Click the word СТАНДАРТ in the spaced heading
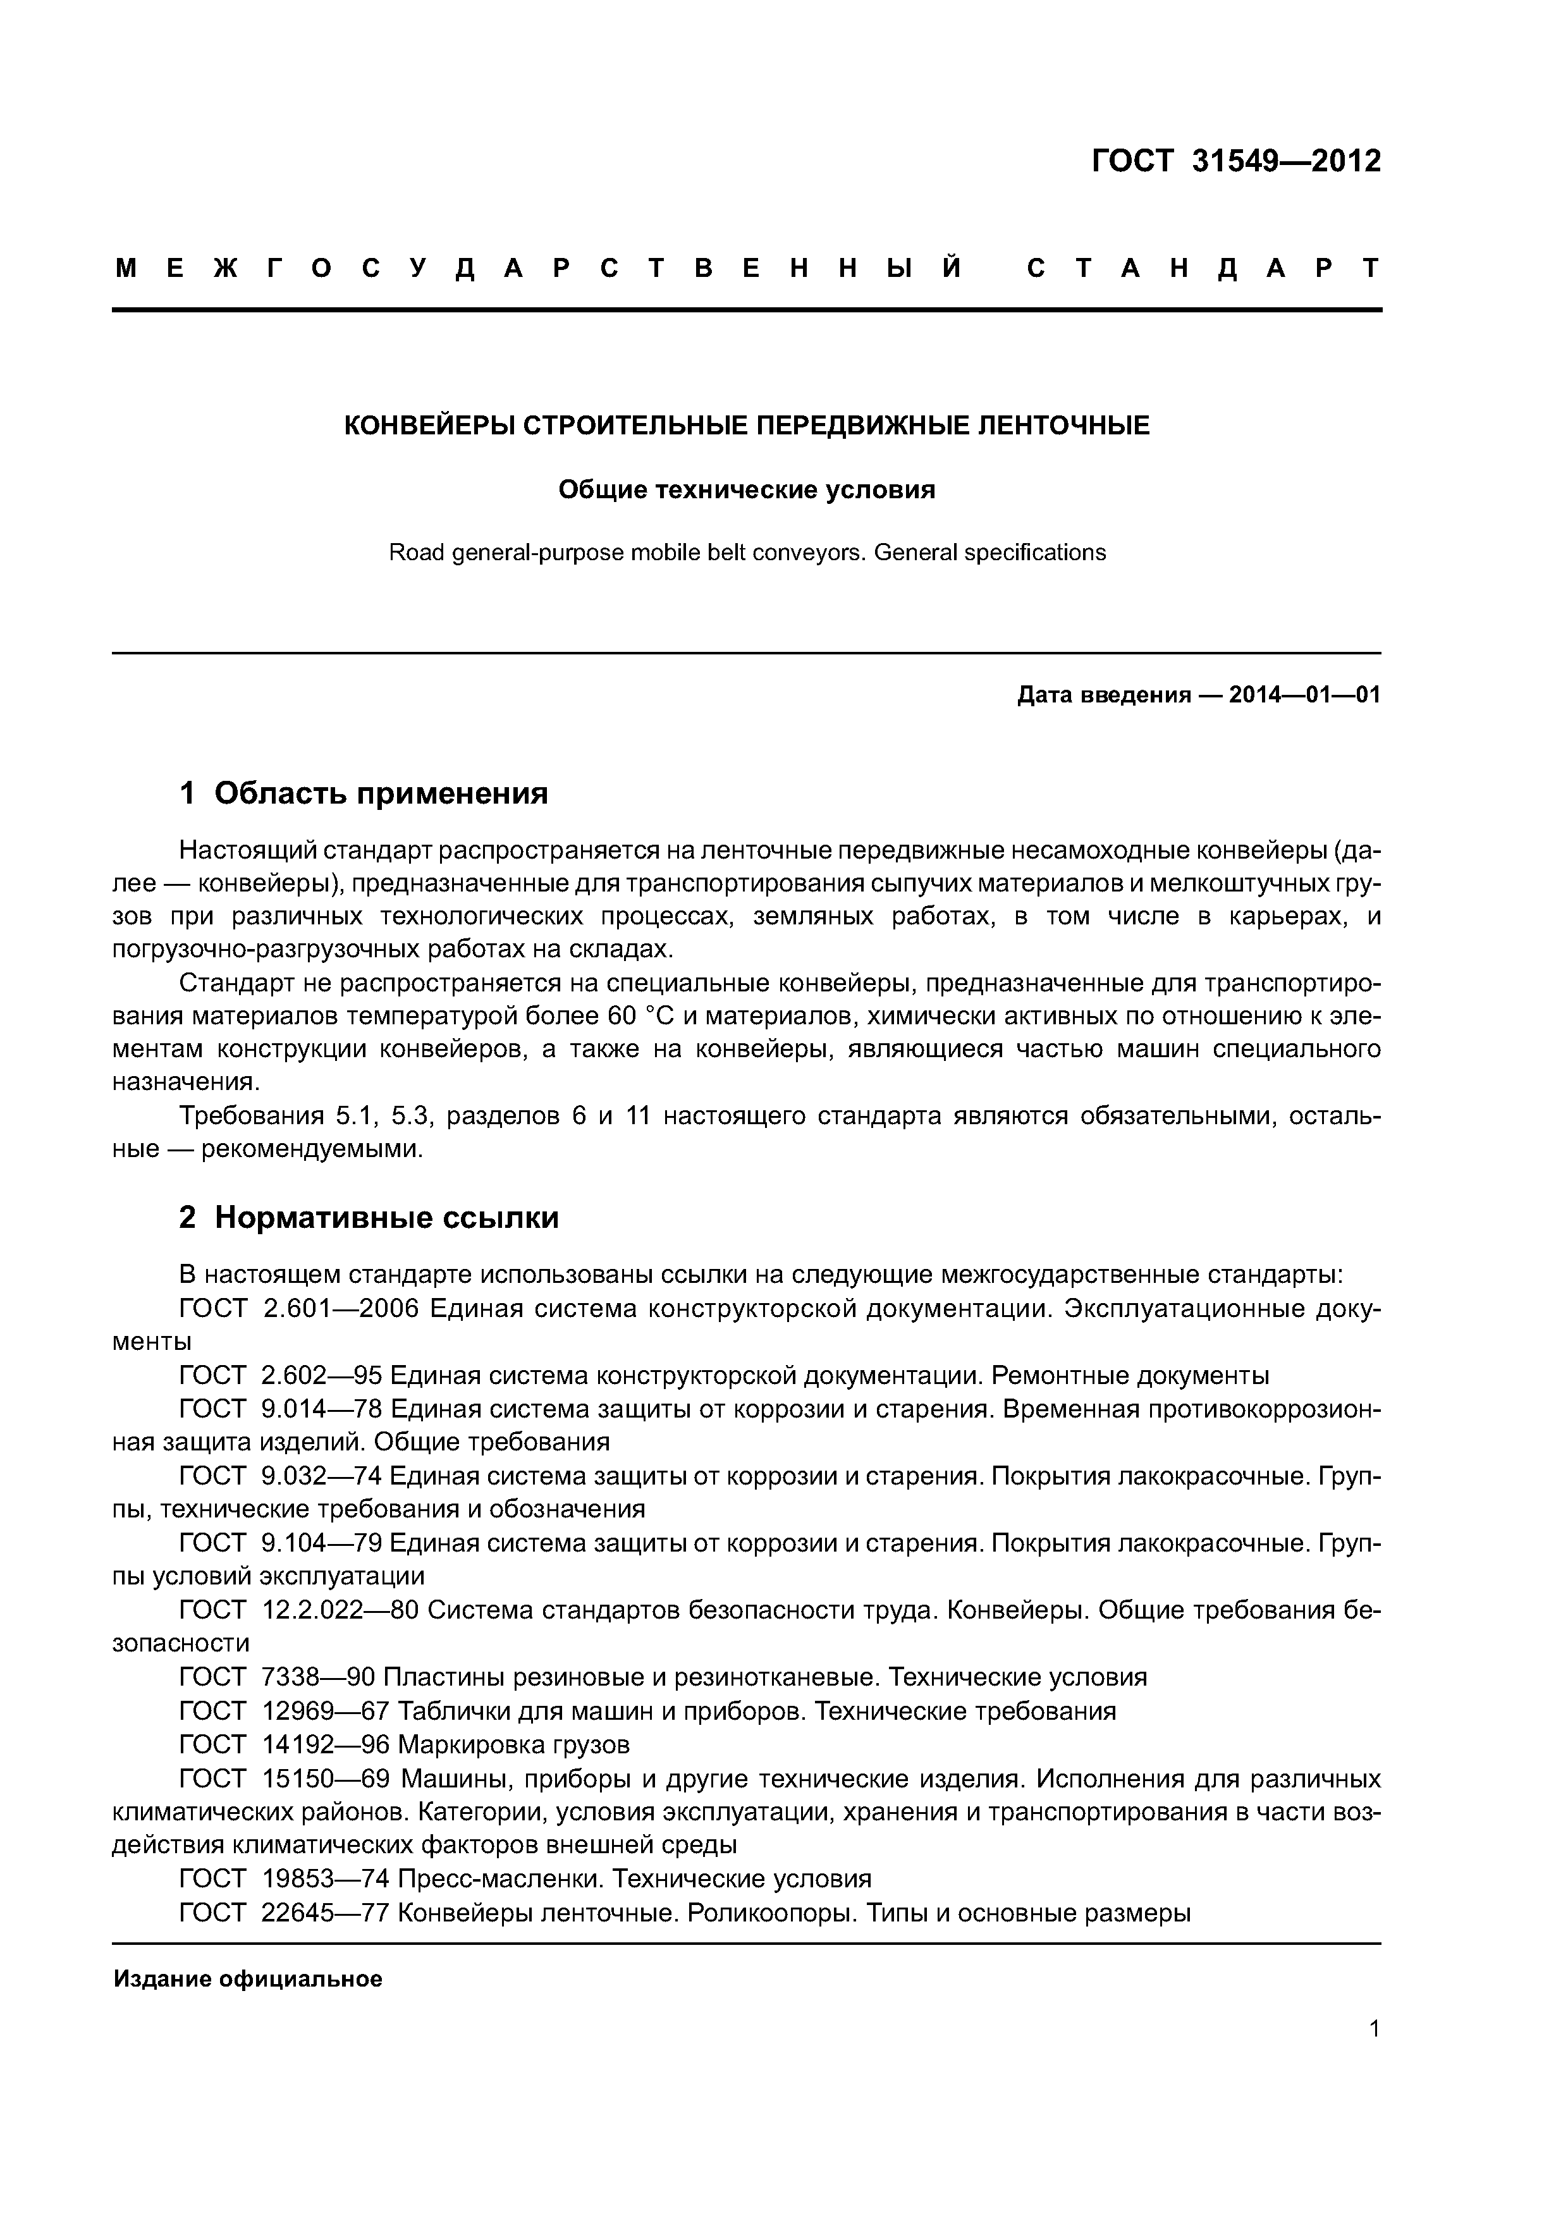(1203, 269)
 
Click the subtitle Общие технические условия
(747, 490)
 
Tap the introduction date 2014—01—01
(1304, 695)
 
